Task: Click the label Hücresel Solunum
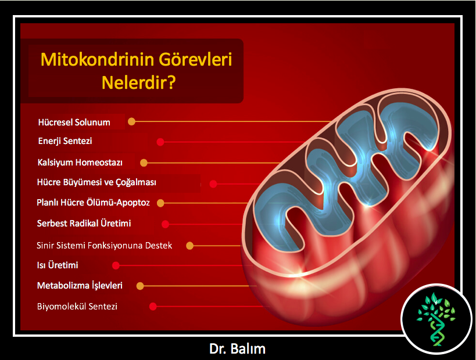coord(74,122)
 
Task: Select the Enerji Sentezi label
coord(65,141)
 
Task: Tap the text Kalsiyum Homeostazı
coord(80,163)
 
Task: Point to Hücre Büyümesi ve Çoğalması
coord(96,182)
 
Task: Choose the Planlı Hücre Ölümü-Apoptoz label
coord(93,203)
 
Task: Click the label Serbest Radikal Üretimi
coord(84,223)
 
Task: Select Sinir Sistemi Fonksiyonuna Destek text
coord(104,246)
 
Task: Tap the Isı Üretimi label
coord(58,265)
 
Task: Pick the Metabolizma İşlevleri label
coord(80,286)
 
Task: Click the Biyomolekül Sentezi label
coord(77,307)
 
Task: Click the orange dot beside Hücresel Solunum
coord(131,121)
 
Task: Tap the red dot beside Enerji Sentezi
coord(160,142)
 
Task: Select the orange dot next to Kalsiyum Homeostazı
coord(144,163)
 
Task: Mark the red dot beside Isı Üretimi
coord(116,266)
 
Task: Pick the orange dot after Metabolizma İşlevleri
coord(140,286)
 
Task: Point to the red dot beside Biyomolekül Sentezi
coord(153,307)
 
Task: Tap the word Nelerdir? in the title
coord(139,82)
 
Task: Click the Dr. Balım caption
coord(237,349)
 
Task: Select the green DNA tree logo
coord(436,319)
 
